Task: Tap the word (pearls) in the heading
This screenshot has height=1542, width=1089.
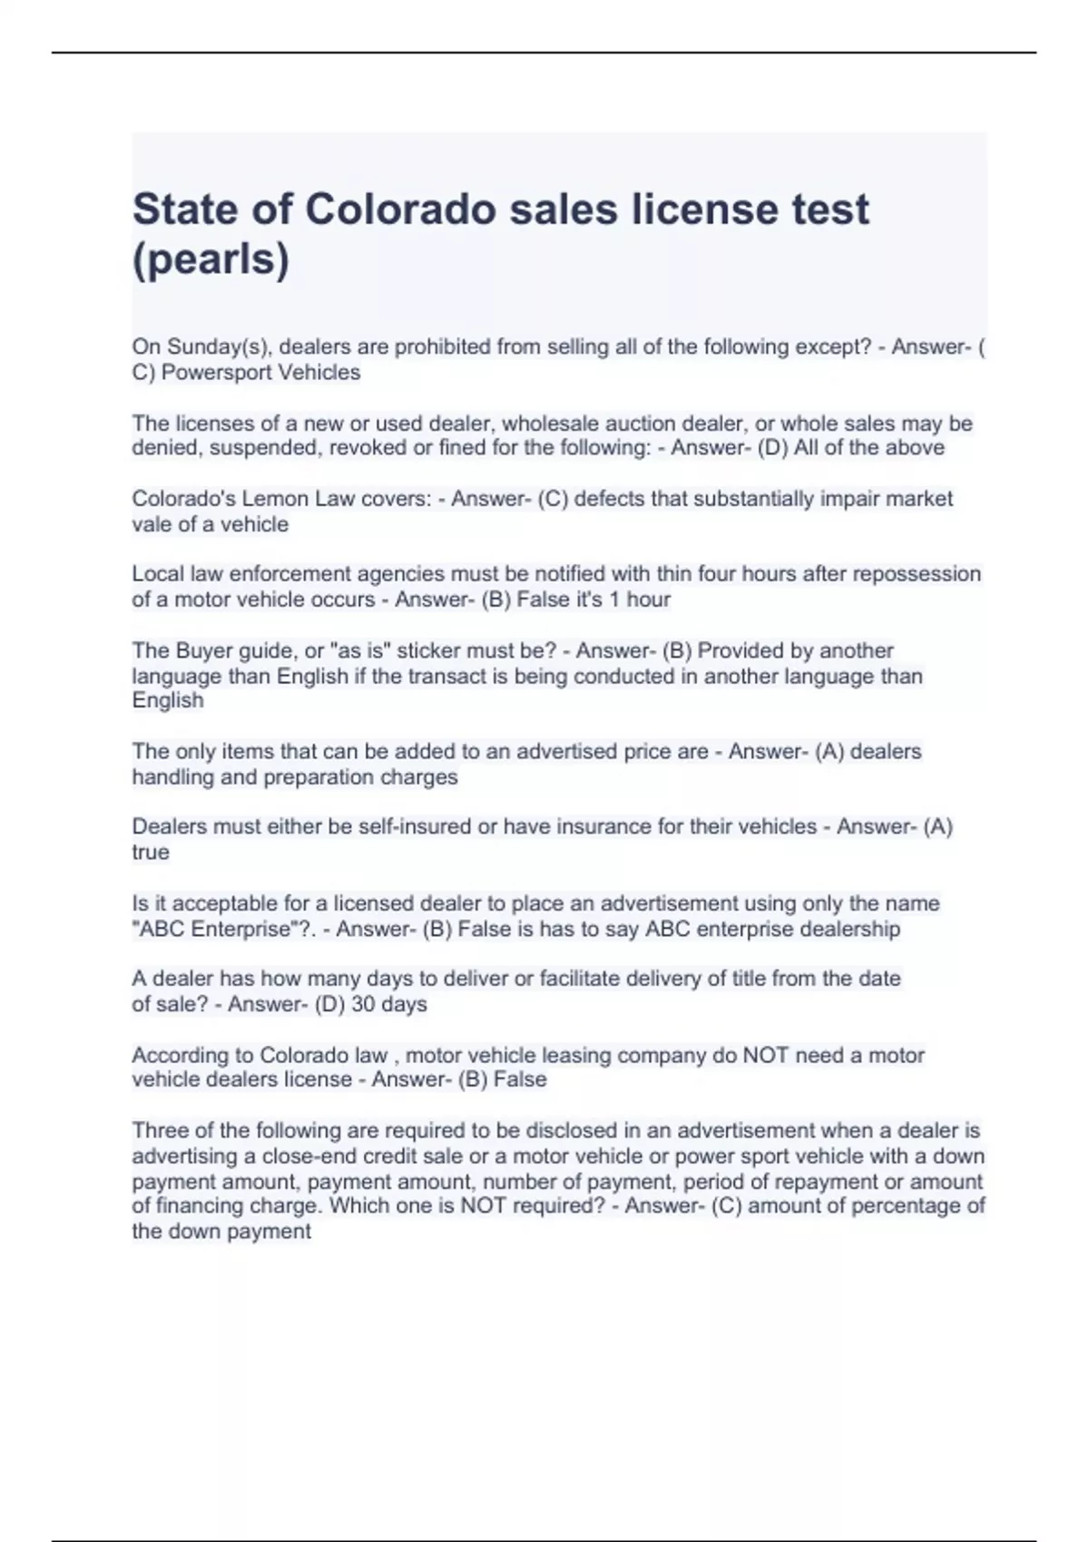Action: pyautogui.click(x=211, y=259)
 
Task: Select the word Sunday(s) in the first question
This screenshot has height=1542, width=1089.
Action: pyautogui.click(x=219, y=347)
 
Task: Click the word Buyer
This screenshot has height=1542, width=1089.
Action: pyautogui.click(x=207, y=651)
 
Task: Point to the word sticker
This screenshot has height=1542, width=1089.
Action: pyautogui.click(x=429, y=651)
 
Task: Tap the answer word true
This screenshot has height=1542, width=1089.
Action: pyautogui.click(x=151, y=853)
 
